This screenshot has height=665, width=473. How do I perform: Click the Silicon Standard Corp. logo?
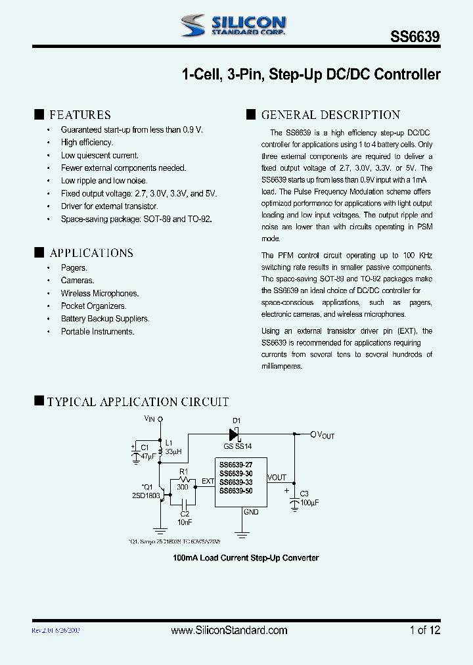pos(233,25)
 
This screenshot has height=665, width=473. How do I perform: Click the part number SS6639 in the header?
pos(416,38)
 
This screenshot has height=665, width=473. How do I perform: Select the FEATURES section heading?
pos(79,115)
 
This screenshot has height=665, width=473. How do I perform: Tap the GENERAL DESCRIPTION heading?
pos(330,115)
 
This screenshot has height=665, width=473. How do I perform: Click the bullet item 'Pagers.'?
pos(74,268)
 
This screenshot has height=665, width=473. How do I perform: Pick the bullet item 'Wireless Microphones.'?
pos(100,294)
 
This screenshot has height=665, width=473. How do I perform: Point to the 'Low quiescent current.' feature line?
pos(100,156)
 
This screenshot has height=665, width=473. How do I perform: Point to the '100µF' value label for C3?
pos(308,502)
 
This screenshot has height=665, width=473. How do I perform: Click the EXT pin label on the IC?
pos(208,482)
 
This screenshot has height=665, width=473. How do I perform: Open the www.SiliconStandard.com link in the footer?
pos(229,630)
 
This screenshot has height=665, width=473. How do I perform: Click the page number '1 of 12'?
pos(424,630)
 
